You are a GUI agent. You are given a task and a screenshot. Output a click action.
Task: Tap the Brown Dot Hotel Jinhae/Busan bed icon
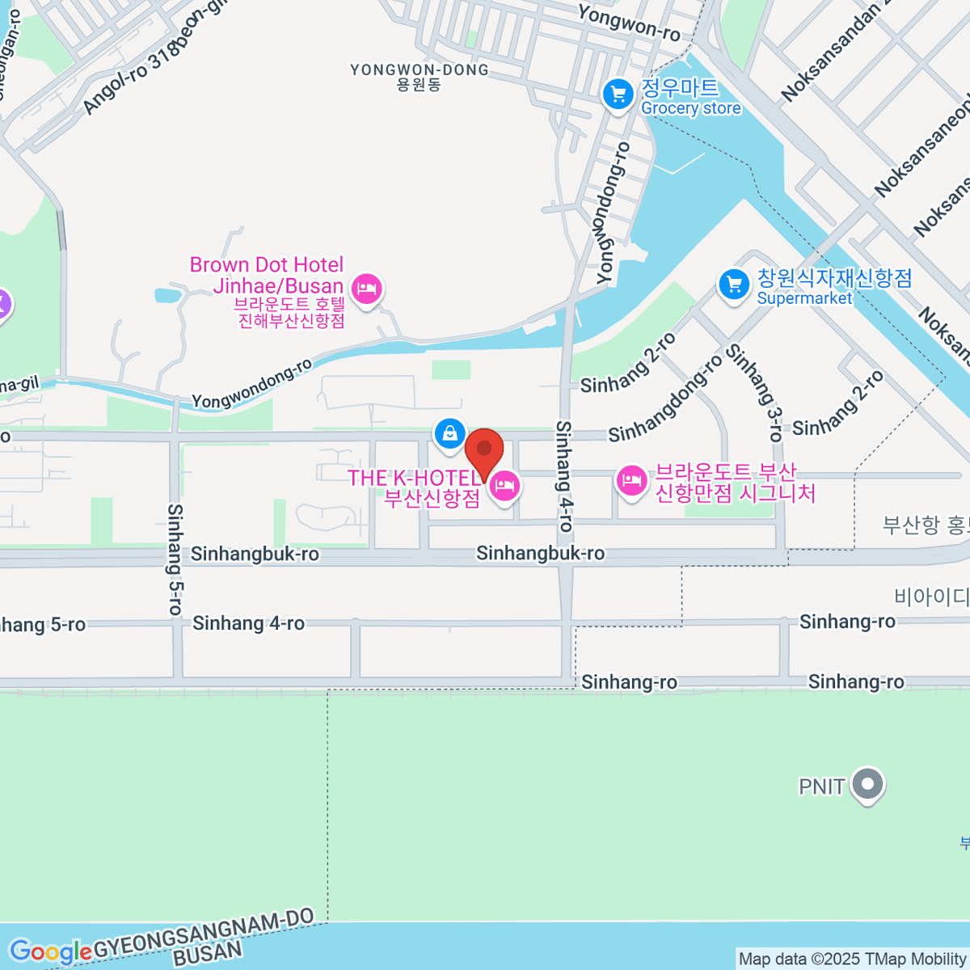[x=367, y=287]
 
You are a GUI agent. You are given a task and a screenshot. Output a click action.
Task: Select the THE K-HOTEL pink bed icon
[x=504, y=487]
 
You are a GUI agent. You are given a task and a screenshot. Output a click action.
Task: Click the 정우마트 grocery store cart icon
[x=618, y=95]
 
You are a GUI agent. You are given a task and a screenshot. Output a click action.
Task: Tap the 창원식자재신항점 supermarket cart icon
[x=734, y=285]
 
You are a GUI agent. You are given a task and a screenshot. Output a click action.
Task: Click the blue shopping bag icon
[x=449, y=433]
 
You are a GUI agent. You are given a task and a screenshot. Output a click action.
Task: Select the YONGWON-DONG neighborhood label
[x=420, y=77]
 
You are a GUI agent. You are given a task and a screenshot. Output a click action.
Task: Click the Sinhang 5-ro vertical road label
[x=175, y=559]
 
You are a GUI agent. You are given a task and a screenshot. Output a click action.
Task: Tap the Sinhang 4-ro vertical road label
[x=564, y=476]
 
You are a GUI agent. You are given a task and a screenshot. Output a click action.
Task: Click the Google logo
[x=50, y=952]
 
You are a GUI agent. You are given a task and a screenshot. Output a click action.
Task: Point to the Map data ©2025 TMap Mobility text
[x=852, y=959]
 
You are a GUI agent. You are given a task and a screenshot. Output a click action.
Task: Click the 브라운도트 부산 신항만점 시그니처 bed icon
[x=630, y=482]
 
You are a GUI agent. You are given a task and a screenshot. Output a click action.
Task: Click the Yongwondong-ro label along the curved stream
[x=252, y=384]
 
